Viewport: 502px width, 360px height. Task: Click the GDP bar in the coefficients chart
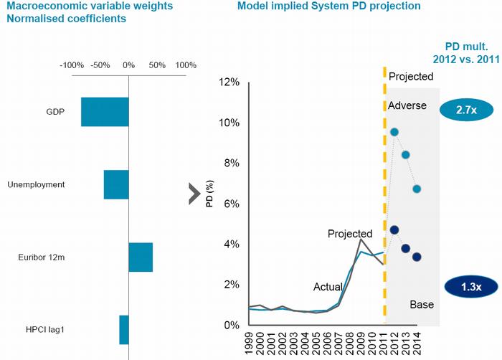[x=105, y=112]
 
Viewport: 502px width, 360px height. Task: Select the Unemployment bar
[x=116, y=184]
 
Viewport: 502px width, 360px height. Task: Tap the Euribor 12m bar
[x=141, y=257]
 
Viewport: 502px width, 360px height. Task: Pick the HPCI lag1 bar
[x=124, y=329]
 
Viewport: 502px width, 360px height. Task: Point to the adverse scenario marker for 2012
[x=394, y=132]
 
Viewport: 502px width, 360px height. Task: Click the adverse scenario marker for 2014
[x=417, y=189]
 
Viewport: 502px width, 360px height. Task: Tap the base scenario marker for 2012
[x=394, y=229]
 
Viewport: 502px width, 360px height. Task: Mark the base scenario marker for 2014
[x=417, y=257]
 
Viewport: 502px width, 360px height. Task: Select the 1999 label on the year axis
[x=250, y=343]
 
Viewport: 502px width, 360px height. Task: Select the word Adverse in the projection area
[x=407, y=105]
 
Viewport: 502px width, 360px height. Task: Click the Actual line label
[x=328, y=287]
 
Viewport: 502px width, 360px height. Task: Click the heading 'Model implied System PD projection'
[x=328, y=6]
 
